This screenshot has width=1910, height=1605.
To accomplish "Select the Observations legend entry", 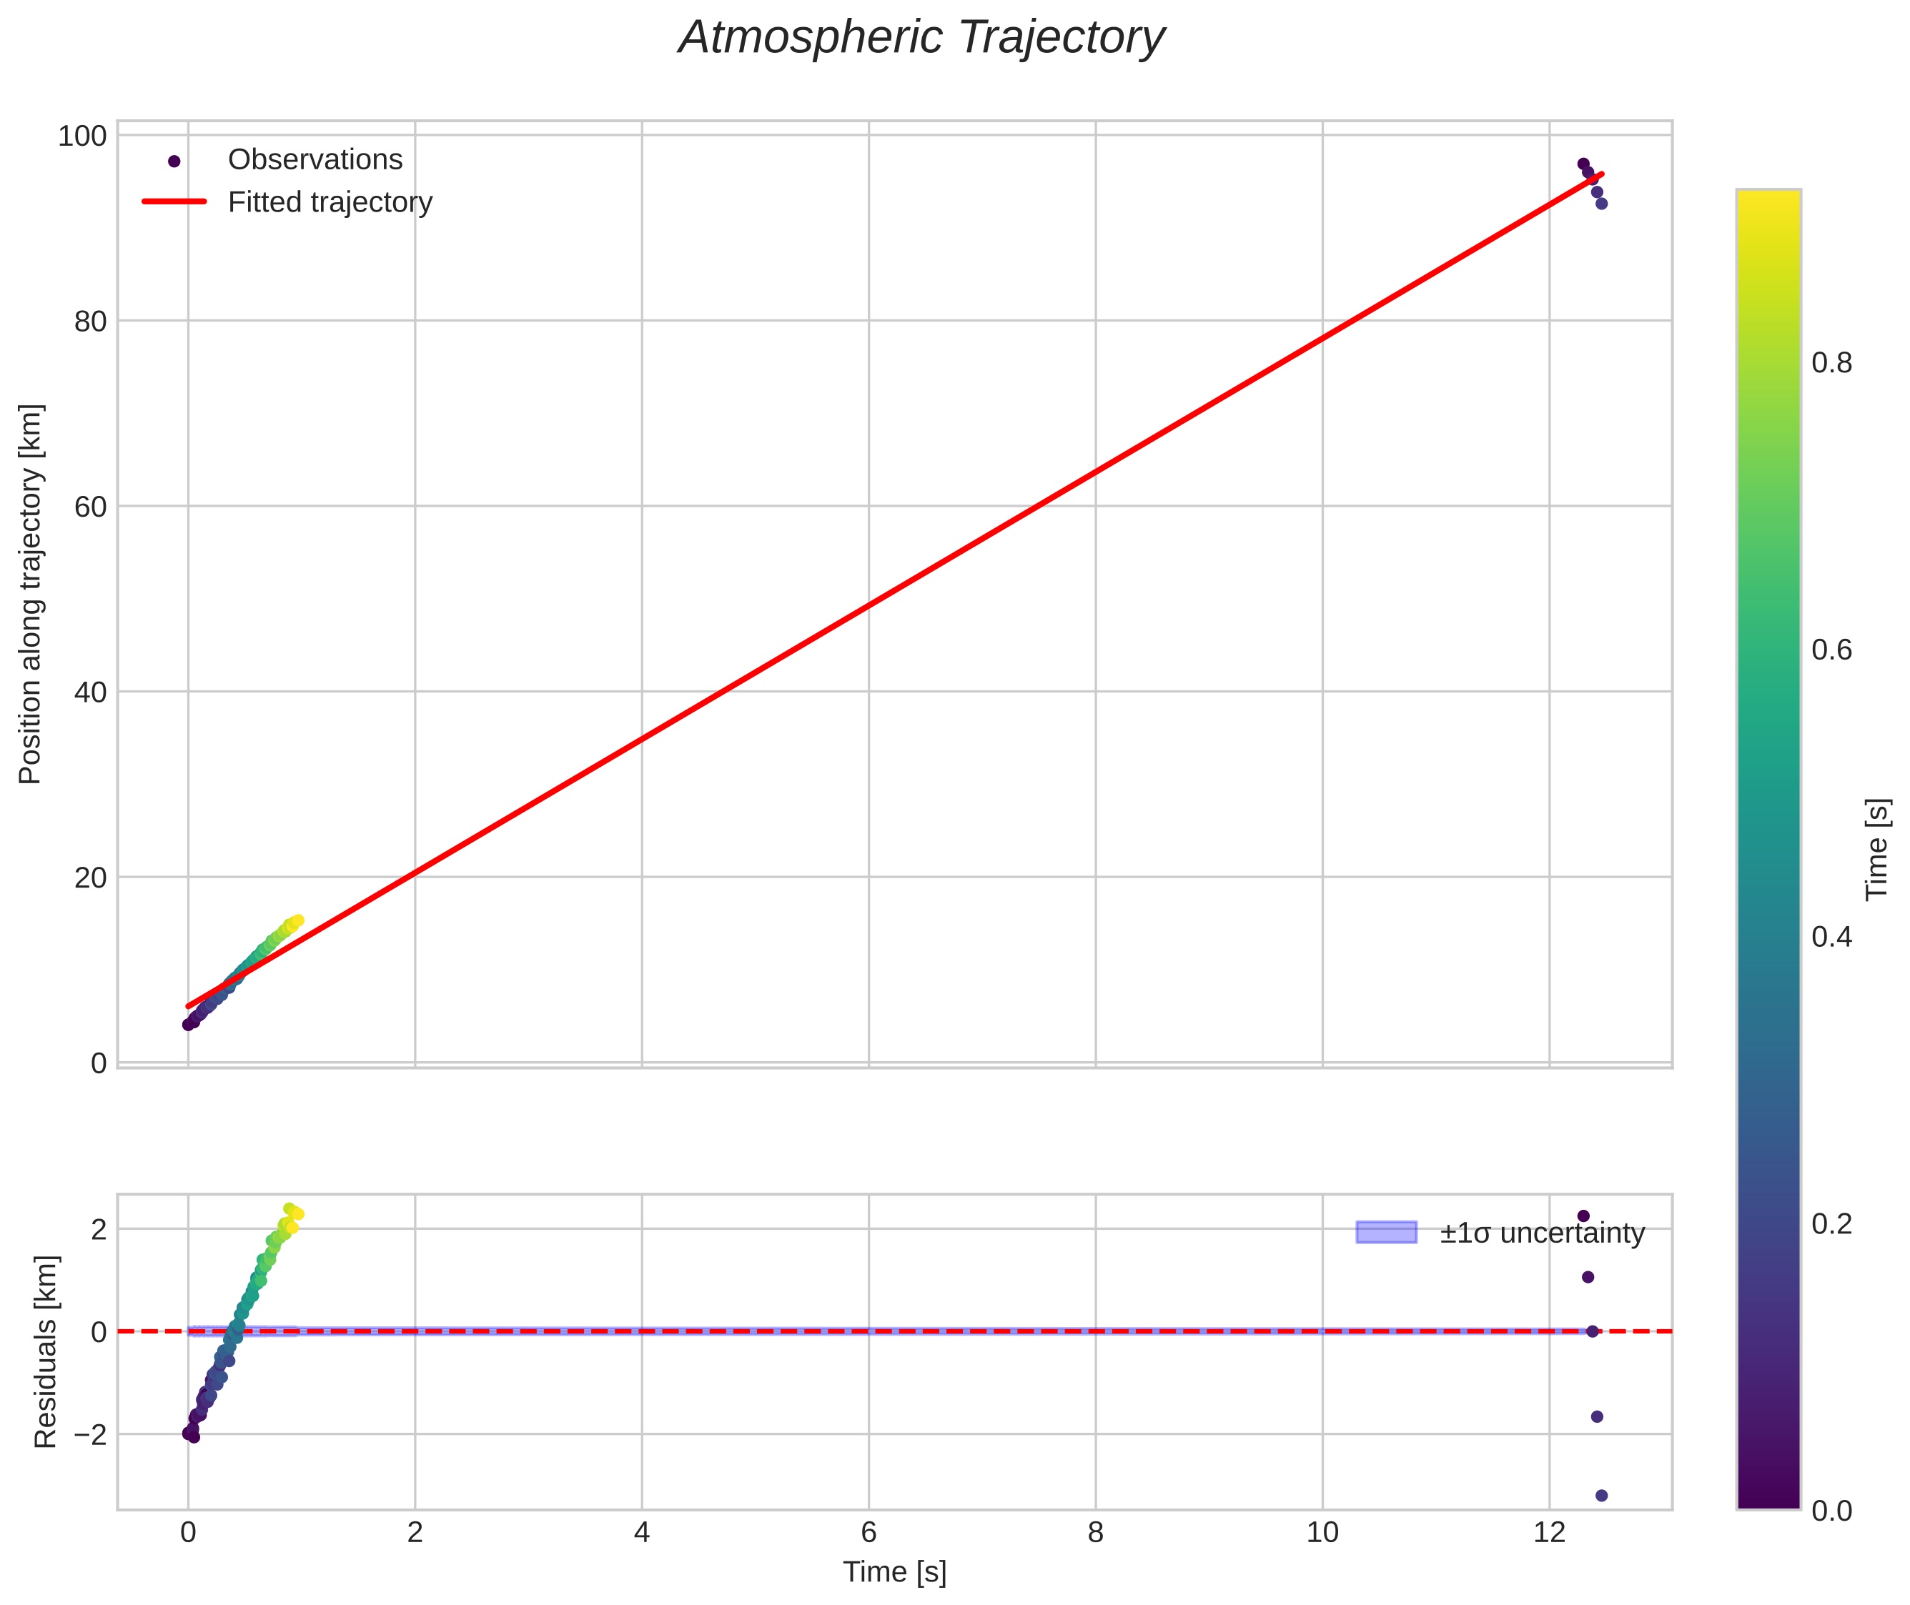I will [x=315, y=160].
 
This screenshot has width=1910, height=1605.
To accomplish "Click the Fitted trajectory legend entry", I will [x=330, y=202].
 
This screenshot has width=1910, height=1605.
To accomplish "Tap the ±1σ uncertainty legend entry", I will [x=1541, y=1233].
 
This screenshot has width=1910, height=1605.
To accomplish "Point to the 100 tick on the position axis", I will [x=82, y=136].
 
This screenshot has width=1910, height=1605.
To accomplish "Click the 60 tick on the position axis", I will [x=90, y=507].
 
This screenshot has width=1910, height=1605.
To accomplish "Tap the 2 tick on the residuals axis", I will [x=98, y=1229].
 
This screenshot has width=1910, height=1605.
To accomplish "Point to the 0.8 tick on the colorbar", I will [x=1831, y=363].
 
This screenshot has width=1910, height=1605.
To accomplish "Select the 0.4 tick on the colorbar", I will [x=1831, y=937].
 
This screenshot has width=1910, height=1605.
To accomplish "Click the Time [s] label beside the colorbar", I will [x=1876, y=850].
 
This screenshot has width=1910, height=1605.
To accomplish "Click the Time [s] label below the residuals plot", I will [x=894, y=1572].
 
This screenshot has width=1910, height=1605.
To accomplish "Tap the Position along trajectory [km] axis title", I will [x=30, y=593].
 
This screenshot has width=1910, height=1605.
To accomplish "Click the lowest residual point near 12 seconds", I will [x=1601, y=1496].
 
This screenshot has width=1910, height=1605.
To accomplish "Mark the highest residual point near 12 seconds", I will [x=1583, y=1216].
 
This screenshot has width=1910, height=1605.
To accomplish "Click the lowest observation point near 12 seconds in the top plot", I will [x=1601, y=204].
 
